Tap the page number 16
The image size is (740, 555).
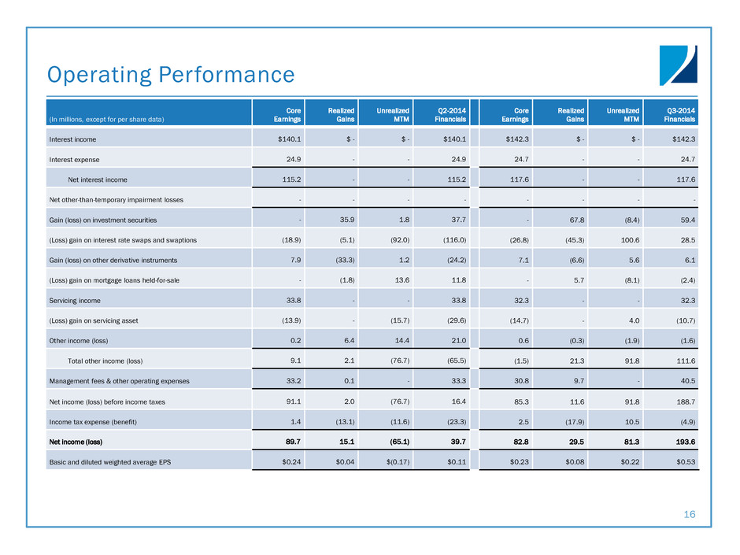tap(690, 514)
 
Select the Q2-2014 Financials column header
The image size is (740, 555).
tap(451, 115)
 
